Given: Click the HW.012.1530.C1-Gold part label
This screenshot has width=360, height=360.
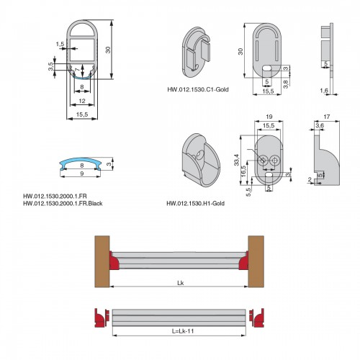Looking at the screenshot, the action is pos(198,89).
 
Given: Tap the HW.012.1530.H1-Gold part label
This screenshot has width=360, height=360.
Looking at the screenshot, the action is pos(196,204).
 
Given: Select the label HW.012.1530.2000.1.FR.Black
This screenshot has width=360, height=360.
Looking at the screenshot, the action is pos(63,204).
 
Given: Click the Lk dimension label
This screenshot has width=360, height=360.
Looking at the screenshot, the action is pos(181,283).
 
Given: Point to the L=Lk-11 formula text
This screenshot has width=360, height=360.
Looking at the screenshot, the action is pos(183,331).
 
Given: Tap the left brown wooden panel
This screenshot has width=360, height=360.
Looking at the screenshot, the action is pos(102,261).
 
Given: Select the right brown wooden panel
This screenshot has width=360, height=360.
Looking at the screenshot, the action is pos(256,261).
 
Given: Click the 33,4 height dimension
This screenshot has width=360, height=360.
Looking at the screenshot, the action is pos(237,160).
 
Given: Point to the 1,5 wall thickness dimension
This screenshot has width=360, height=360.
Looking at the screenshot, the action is pos(60,44).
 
